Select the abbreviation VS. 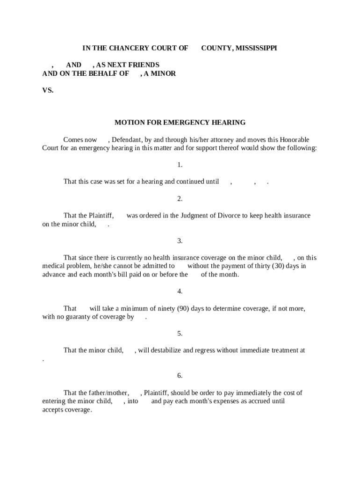point(48,90)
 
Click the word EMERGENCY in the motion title point(180,123)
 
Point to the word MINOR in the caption point(163,73)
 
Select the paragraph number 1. point(180,165)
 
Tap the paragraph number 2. point(180,199)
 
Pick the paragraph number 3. point(180,241)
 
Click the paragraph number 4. point(180,291)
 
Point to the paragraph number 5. point(180,334)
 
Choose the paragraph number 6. point(180,376)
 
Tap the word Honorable point(293,140)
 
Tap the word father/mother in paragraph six point(109,393)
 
